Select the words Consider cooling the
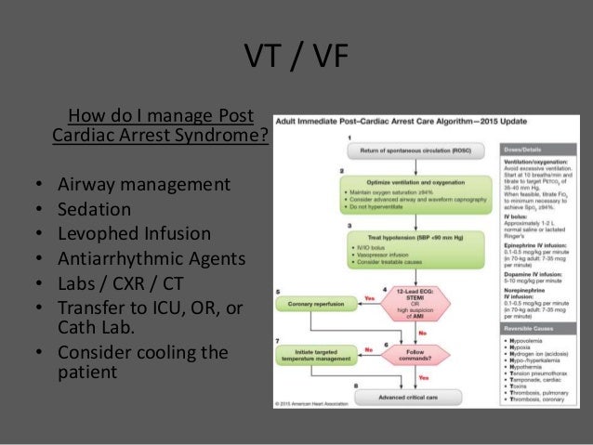coord(142,352)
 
